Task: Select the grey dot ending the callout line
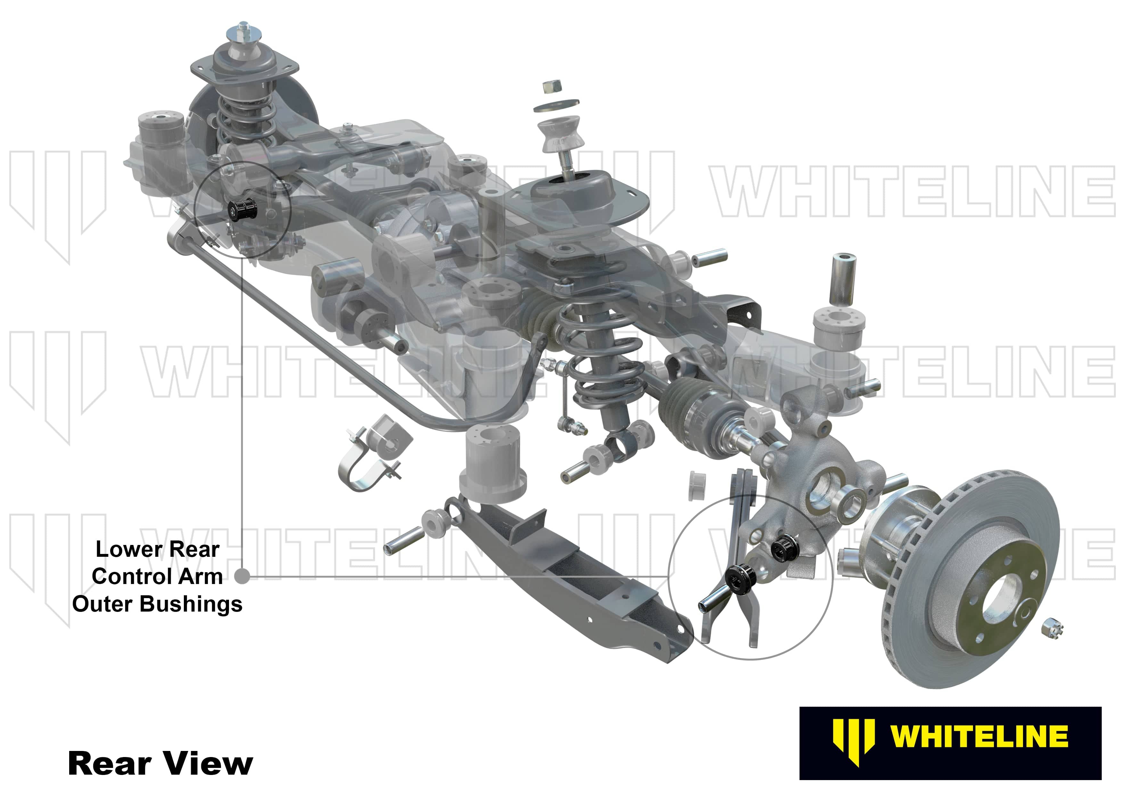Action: tap(241, 576)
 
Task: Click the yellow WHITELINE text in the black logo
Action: tap(979, 737)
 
